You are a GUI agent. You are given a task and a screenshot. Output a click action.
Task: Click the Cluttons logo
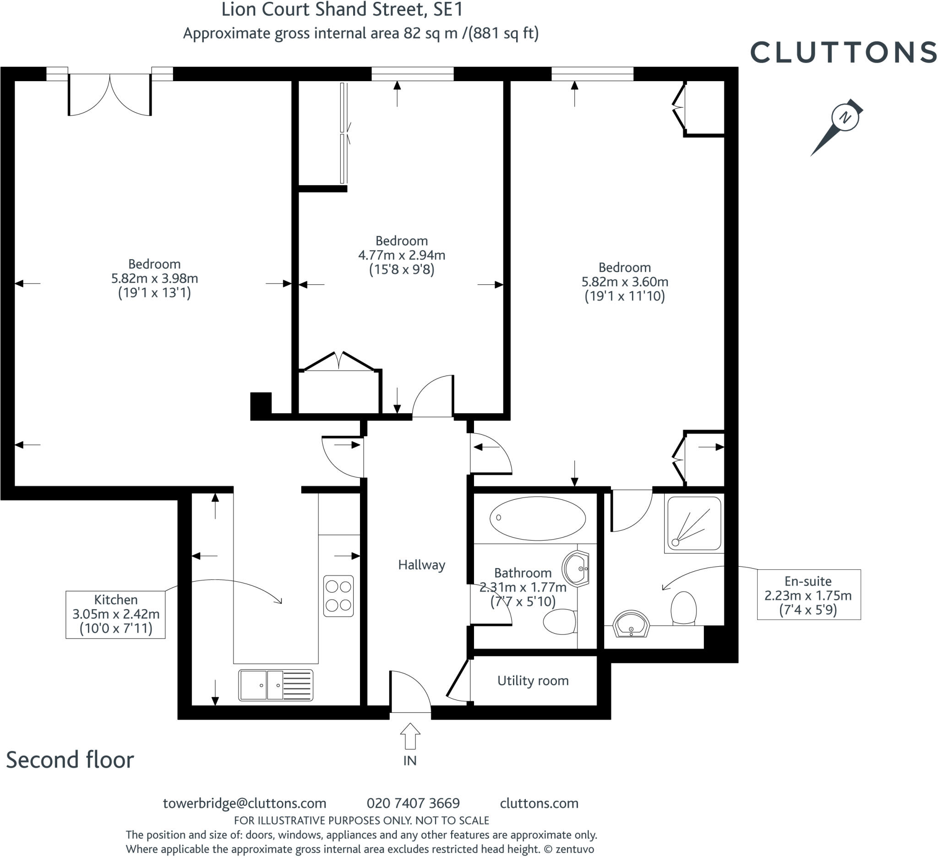pyautogui.click(x=843, y=52)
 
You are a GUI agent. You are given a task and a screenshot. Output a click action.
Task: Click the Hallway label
pyautogui.click(x=421, y=565)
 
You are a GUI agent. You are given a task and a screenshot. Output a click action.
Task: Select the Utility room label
pyautogui.click(x=533, y=681)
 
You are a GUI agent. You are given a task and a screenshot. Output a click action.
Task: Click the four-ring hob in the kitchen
pyautogui.click(x=338, y=596)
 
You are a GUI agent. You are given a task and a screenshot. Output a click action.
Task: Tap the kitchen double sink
pyautogui.click(x=275, y=685)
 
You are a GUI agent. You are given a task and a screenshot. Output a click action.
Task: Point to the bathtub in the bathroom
pyautogui.click(x=537, y=519)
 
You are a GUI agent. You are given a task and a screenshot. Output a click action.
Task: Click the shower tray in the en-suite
pyautogui.click(x=694, y=524)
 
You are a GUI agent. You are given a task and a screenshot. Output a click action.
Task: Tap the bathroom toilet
pyautogui.click(x=560, y=622)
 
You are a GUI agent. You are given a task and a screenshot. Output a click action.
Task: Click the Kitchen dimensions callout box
pyautogui.click(x=115, y=614)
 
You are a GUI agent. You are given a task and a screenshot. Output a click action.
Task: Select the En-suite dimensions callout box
pyautogui.click(x=808, y=595)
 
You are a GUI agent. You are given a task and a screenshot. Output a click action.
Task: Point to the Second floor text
pyautogui.click(x=70, y=760)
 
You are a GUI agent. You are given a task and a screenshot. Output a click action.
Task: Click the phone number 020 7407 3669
pyautogui.click(x=413, y=803)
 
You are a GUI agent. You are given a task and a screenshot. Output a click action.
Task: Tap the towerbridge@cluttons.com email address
pyautogui.click(x=244, y=803)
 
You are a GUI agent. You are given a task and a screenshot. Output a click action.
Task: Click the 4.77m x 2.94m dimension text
pyautogui.click(x=402, y=255)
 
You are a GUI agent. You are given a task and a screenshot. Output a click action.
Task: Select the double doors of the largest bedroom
pyautogui.click(x=110, y=95)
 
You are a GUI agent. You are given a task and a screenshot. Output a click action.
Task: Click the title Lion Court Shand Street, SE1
pyautogui.click(x=342, y=10)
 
